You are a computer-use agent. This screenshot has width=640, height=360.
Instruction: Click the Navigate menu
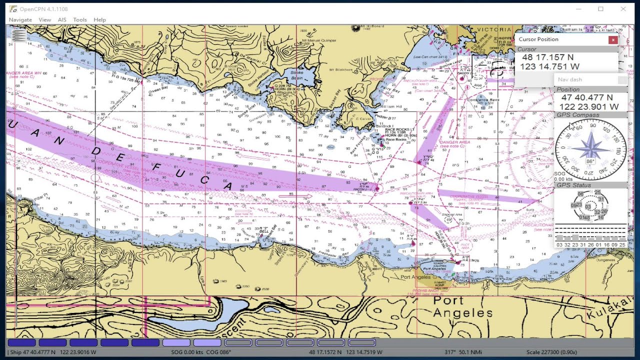click(x=20, y=19)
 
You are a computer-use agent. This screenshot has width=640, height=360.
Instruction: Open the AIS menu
click(x=62, y=19)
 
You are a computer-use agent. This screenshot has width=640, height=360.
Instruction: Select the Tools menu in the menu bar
click(x=80, y=19)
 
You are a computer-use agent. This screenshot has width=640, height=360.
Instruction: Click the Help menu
click(x=99, y=19)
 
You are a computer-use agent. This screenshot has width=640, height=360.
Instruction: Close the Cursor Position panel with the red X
click(x=612, y=40)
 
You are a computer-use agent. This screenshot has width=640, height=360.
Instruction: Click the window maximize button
click(x=600, y=9)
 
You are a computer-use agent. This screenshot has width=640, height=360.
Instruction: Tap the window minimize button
click(x=578, y=9)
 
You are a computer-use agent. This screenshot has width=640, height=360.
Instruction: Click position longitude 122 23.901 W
click(x=589, y=106)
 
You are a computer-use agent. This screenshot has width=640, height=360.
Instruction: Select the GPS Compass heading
click(x=578, y=115)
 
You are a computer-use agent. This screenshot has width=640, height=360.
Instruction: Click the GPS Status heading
click(x=573, y=185)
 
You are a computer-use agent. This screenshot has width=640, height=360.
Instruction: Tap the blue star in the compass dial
click(x=590, y=148)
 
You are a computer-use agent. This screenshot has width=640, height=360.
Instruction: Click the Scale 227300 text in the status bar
click(x=551, y=352)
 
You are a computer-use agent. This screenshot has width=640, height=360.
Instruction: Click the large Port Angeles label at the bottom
click(x=462, y=307)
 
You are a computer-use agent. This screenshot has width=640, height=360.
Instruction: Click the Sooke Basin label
click(x=297, y=75)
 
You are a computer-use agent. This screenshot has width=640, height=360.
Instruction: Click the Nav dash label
click(x=570, y=79)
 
